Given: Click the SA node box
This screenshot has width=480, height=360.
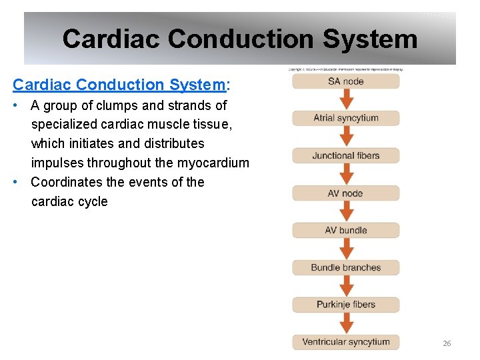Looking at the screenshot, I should point(345,81).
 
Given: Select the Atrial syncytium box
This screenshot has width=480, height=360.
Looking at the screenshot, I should point(345,119).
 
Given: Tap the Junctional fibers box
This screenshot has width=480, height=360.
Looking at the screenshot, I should point(345,156).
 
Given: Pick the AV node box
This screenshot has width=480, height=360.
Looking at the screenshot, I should point(345,193).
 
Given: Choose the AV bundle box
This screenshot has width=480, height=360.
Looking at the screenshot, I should point(345,231).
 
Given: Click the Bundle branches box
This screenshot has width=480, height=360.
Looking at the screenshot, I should point(345,268).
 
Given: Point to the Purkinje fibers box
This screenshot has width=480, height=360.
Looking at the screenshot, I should point(345,305).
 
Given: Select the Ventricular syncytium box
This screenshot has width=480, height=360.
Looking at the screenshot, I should point(345,342).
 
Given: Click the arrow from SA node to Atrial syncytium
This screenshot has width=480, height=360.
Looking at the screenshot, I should point(346,100).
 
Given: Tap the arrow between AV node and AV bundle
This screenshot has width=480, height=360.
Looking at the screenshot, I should point(346,212).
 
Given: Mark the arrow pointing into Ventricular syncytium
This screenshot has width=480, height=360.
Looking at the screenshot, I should point(346,323).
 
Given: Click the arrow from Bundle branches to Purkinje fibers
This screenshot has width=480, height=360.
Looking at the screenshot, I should point(346,287).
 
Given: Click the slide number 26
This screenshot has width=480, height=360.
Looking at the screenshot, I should point(447,343).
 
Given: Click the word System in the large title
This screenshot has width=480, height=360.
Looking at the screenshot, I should point(370,39).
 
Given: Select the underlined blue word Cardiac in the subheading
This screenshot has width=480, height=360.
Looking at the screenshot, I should point(42,85).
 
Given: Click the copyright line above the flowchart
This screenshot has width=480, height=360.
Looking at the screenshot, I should point(345,69).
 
